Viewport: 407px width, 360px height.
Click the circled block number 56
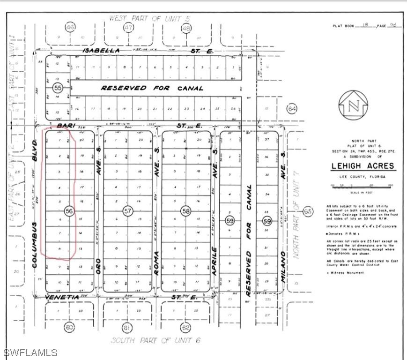pos(69,211)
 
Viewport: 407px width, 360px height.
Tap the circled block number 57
pos(128,211)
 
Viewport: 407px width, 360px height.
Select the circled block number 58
pos(186,211)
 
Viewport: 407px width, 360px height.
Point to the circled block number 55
pos(58,88)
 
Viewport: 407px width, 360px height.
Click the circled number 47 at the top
pos(128,28)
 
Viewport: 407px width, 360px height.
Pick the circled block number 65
pos(308,212)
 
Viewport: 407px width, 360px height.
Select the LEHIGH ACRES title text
pos(363,166)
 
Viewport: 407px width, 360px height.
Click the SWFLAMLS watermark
pos(30,352)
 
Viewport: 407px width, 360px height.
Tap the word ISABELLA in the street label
pos(101,50)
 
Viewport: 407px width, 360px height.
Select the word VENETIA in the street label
pos(61,297)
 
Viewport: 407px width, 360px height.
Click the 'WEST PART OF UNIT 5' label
pos(150,18)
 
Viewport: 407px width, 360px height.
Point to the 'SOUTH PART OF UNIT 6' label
pos(155,340)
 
